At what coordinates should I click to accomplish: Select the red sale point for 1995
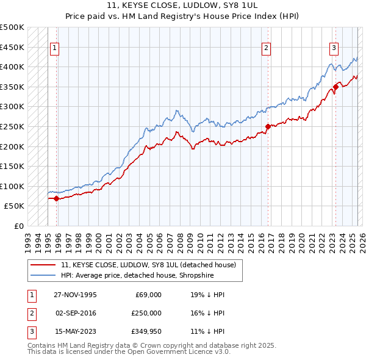coord(56,198)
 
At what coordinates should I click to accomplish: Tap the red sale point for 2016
coord(268,127)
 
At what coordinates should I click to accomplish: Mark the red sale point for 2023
coord(335,87)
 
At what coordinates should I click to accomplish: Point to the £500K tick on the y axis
coord(12,27)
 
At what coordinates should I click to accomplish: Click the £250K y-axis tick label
coord(12,126)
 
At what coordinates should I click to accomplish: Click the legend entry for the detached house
coord(152,264)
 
